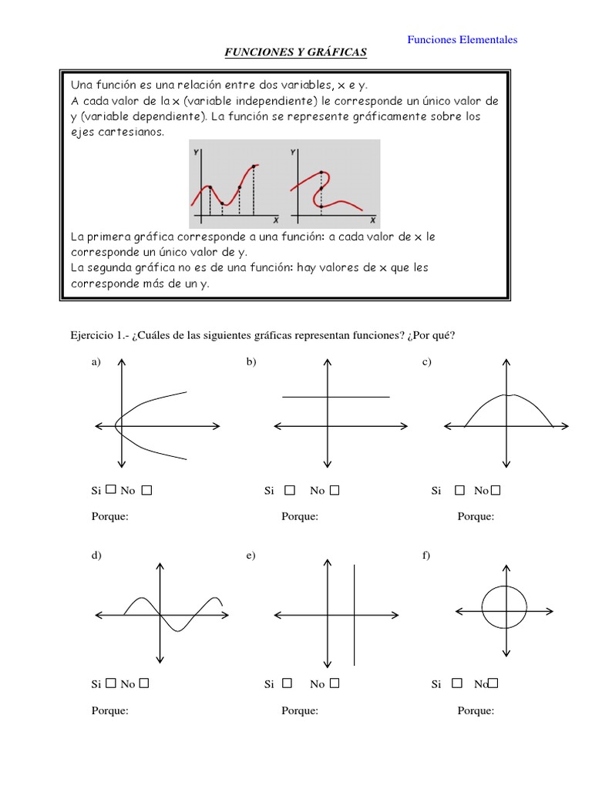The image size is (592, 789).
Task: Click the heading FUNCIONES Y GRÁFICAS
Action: pos(295,52)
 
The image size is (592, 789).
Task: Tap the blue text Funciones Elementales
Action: pos(462,39)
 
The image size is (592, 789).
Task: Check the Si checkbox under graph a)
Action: pos(111,489)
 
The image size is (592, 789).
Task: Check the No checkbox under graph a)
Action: pos(146,489)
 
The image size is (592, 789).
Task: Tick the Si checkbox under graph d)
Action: pos(111,683)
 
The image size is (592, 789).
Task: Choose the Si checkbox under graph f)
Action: pos(457,683)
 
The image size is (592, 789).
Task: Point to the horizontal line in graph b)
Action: pos(336,397)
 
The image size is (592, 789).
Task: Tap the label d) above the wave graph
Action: pos(96,555)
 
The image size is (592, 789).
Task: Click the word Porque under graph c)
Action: pos(476,516)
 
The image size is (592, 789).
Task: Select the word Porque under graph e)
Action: pos(300,710)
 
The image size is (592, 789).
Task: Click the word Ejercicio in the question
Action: pos(92,335)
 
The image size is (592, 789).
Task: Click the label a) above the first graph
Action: pos(96,362)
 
